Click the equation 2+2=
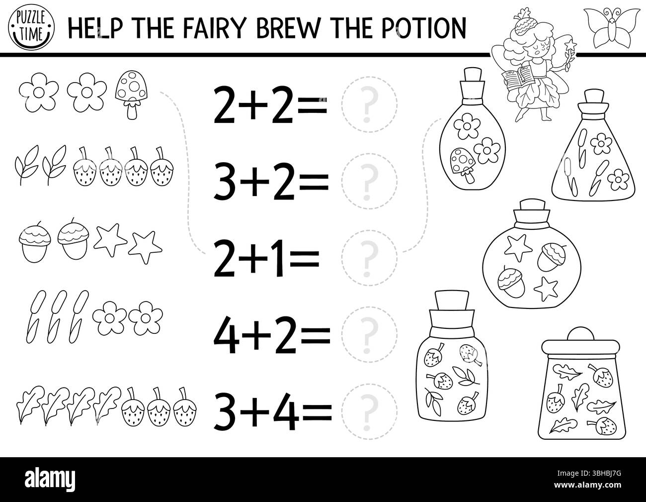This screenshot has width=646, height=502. [271, 105]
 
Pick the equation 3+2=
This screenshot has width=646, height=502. [271, 182]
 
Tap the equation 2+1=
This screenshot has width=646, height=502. [265, 257]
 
